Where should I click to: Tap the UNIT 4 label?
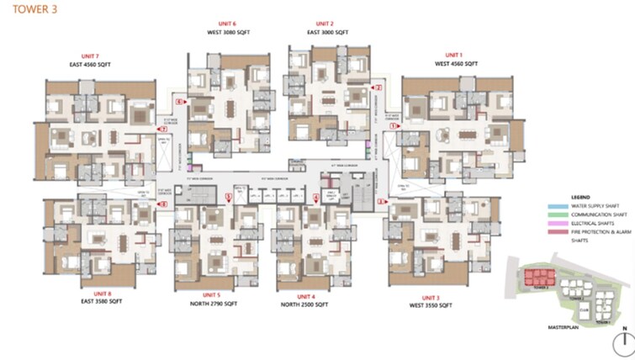coord(304,295)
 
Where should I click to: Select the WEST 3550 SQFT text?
coord(431,306)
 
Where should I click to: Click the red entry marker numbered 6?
coord(179,101)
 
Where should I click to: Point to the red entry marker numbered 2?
coord(378,87)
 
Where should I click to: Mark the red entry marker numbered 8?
coord(159,201)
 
